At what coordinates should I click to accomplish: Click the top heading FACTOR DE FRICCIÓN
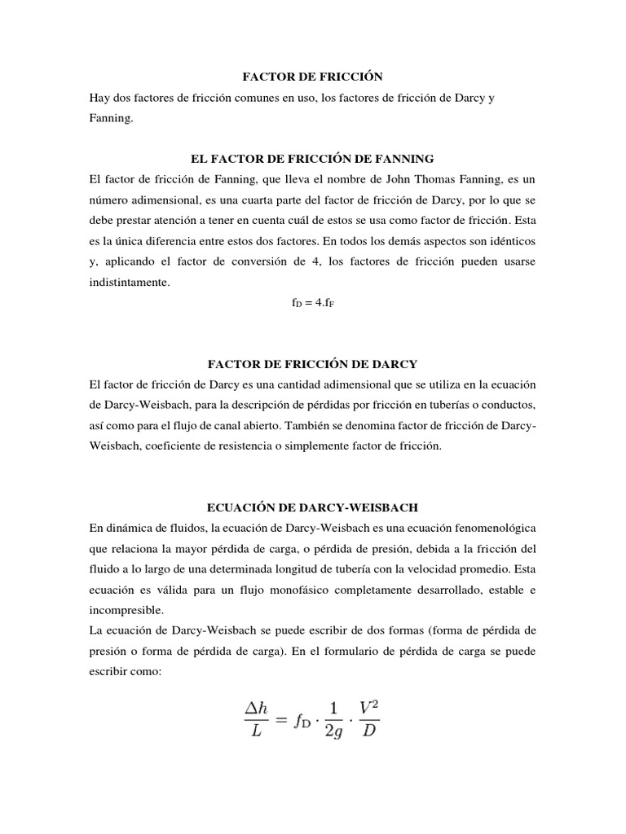[x=312, y=77]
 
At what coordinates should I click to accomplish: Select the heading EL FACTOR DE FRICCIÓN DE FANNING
[x=313, y=156]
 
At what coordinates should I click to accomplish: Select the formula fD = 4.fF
[x=313, y=301]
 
